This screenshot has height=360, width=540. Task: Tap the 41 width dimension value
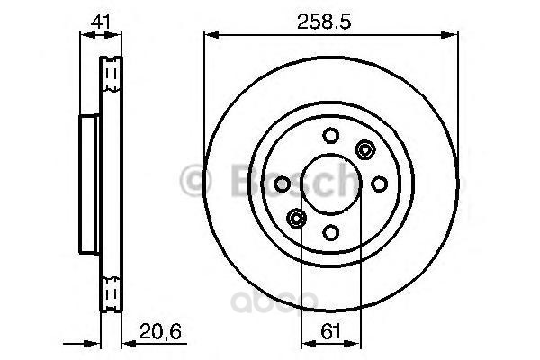click(101, 17)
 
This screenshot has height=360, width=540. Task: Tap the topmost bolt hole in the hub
click(330, 135)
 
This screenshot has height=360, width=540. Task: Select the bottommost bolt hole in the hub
click(330, 232)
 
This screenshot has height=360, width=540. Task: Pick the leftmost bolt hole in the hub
click(282, 184)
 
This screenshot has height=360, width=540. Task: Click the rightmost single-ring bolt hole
click(379, 184)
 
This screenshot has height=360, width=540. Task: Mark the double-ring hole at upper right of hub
click(364, 149)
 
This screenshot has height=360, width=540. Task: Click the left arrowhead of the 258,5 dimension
click(211, 35)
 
